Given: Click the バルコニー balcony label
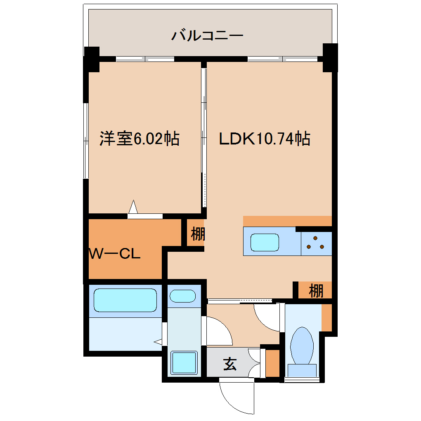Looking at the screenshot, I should (x=207, y=35).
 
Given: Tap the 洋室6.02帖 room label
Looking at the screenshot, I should (x=139, y=139).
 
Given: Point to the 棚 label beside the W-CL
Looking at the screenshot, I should (x=198, y=234).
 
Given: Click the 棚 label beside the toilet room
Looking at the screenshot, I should (x=316, y=291).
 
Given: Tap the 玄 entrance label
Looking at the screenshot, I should (x=230, y=364).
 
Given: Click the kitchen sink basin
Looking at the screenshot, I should (x=265, y=242).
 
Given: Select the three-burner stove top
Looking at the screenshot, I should (x=316, y=243).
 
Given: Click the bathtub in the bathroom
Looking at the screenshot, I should (x=125, y=300).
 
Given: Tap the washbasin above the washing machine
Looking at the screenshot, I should (x=182, y=296).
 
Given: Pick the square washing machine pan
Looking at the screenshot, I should (x=184, y=363).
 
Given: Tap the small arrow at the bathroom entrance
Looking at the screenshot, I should (x=158, y=342).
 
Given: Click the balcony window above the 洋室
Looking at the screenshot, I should (x=145, y=59).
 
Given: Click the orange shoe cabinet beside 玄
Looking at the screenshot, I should (x=272, y=363).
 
